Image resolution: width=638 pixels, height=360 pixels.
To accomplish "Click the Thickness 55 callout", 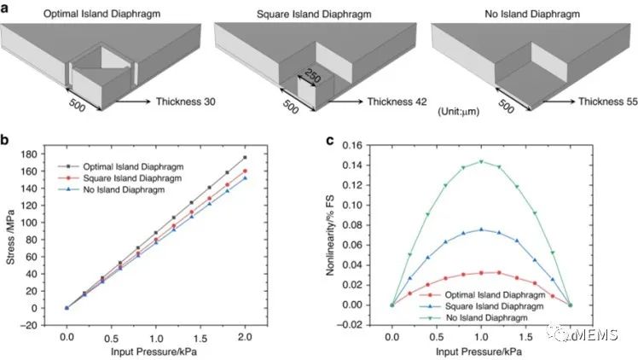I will tap(607, 102).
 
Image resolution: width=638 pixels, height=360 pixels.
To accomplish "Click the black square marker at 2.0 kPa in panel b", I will tap(245, 158).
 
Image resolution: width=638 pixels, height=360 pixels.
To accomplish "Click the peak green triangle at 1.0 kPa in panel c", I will tap(481, 161).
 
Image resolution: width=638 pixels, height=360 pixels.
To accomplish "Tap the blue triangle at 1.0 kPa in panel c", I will tap(481, 229).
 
